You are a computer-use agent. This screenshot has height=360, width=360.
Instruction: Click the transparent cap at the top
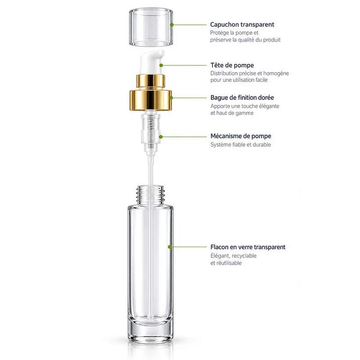point(151,27)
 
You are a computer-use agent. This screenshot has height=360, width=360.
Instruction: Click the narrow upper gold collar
point(151,81)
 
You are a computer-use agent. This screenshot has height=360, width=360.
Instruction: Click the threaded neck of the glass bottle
point(151,195)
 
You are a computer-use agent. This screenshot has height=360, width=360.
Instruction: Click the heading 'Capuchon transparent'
point(242,25)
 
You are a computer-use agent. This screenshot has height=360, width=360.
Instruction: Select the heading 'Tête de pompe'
point(232,65)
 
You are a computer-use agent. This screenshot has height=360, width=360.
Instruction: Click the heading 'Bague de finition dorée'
point(242,98)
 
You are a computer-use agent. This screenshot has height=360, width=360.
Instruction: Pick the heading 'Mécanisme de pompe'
point(241,136)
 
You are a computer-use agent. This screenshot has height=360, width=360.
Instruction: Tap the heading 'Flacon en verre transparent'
point(248,247)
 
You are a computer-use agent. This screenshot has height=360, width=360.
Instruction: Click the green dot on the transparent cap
point(172,25)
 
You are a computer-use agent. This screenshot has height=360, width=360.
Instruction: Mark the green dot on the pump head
point(161,65)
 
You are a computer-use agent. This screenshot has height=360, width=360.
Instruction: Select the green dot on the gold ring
point(171,98)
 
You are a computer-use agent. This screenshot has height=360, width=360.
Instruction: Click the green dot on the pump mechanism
point(161,137)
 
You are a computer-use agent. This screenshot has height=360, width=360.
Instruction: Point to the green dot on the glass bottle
point(170,247)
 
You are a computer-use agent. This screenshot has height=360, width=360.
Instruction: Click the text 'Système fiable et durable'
point(241,144)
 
